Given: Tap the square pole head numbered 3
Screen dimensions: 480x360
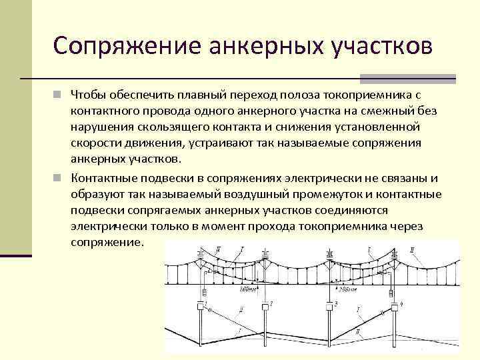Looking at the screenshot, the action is click(x=331, y=306).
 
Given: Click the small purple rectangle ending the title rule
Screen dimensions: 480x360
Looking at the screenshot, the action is click(x=444, y=79).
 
